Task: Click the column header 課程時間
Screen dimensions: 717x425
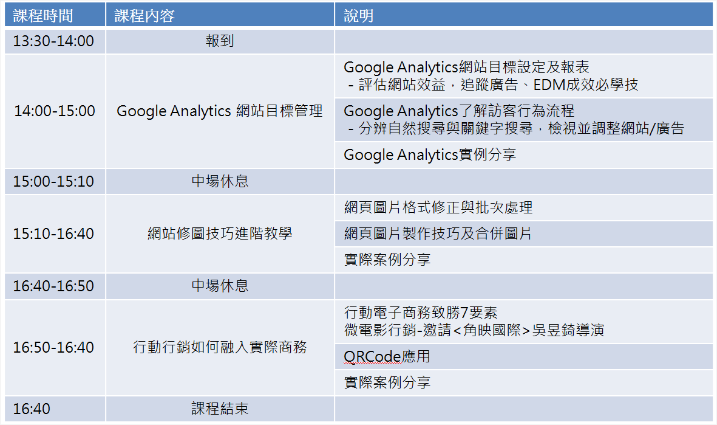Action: click(x=43, y=16)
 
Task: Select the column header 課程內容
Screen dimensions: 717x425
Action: click(x=144, y=16)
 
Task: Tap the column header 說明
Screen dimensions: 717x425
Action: click(x=358, y=16)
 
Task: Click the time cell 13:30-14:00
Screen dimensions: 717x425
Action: click(x=53, y=41)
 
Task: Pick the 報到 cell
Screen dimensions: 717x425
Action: click(x=220, y=41)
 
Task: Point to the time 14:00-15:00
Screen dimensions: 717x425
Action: click(x=55, y=111)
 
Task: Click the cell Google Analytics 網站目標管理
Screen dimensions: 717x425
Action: click(x=220, y=111)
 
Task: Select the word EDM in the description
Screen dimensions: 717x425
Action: click(x=549, y=85)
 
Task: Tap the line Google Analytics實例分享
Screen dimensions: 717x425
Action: click(x=430, y=155)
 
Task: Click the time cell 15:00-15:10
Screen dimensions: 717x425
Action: click(x=53, y=181)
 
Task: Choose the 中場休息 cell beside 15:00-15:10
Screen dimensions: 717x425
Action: click(x=220, y=181)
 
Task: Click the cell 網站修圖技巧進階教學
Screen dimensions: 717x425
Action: click(x=220, y=233)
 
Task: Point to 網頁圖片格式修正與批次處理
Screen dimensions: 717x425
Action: click(x=438, y=207)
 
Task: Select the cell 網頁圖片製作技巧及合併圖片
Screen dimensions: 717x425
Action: click(x=438, y=233)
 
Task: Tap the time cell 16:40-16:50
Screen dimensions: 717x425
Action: click(x=53, y=286)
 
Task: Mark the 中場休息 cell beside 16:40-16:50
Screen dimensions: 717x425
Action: click(x=220, y=286)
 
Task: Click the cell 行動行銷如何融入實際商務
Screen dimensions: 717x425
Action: click(x=220, y=347)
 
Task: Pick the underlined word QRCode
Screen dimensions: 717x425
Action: click(x=372, y=357)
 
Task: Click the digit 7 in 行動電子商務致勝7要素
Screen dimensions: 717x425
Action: click(x=464, y=313)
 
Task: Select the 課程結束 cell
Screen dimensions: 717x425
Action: click(x=220, y=409)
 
